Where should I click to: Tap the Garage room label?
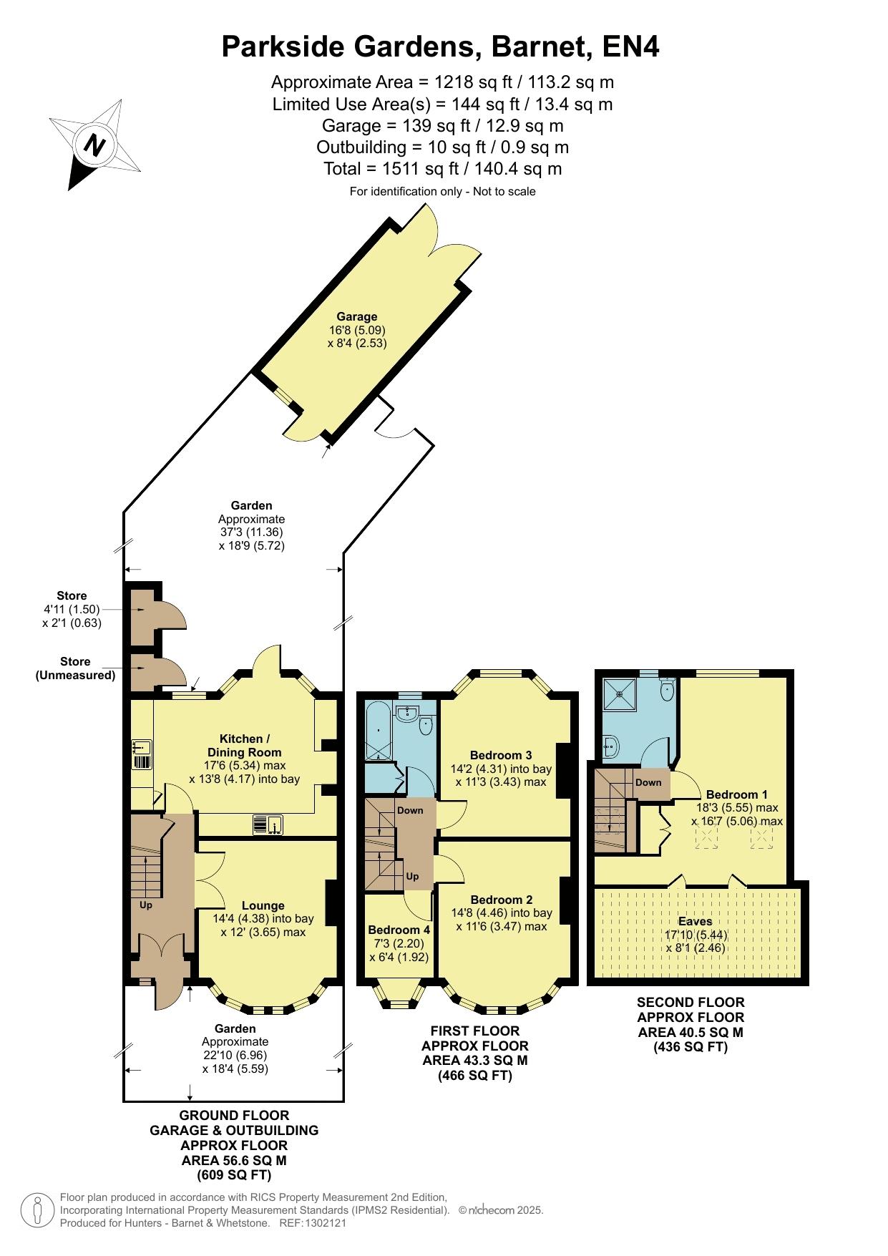[x=357, y=316]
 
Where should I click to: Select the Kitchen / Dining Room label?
[x=244, y=746]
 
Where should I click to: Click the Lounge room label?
[x=263, y=905]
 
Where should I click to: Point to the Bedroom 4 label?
[x=399, y=930]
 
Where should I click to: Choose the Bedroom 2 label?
[x=502, y=900]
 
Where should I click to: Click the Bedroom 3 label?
[x=501, y=755]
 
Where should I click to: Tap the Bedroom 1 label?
[x=737, y=794]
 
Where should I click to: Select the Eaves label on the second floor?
[x=696, y=921]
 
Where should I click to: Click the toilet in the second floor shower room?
[x=667, y=689]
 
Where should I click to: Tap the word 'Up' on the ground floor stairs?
[x=146, y=905]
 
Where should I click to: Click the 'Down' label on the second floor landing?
[x=648, y=782]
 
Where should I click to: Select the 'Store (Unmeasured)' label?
[x=76, y=668]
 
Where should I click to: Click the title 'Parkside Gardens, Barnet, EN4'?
[x=441, y=47]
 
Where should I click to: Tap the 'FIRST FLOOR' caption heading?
[x=475, y=1031]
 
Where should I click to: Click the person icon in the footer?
[x=37, y=1210]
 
